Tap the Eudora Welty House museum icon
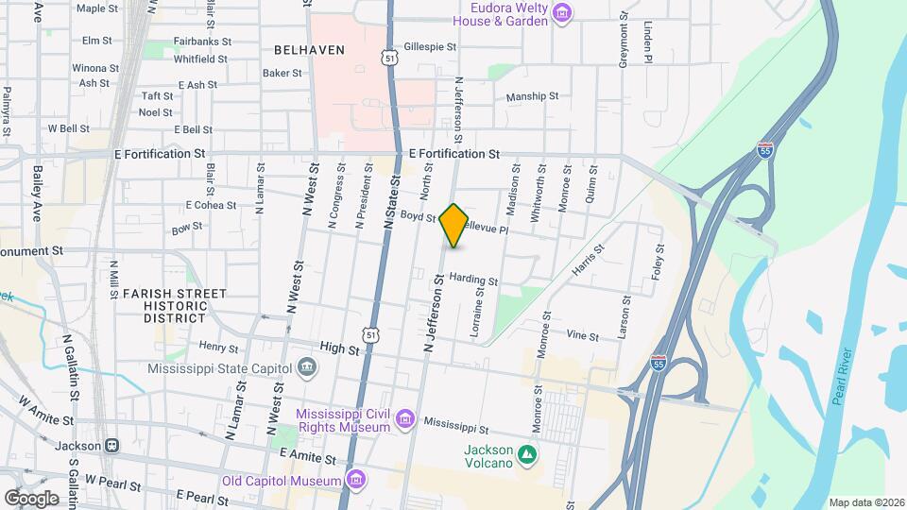[x=563, y=13]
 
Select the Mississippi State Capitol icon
[x=307, y=366]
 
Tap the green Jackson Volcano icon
[x=527, y=455]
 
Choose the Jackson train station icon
[x=111, y=445]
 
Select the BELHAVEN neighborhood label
[x=309, y=49]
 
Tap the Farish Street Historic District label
[x=175, y=306]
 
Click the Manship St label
[x=533, y=96]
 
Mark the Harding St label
[x=473, y=280]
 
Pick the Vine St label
[x=582, y=335]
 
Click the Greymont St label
[x=624, y=43]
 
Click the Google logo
[x=31, y=498]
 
